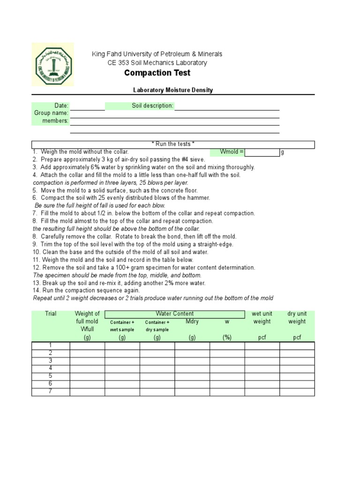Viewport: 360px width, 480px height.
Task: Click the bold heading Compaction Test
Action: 157,73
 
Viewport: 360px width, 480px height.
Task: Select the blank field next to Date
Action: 87,106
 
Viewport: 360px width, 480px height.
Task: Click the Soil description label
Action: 152,106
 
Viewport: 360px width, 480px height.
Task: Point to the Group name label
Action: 51,113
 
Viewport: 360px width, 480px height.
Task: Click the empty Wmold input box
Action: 262,152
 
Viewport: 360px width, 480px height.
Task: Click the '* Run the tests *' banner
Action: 173,144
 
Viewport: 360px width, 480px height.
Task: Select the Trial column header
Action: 51,314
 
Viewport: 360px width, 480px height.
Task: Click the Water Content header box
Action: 174,314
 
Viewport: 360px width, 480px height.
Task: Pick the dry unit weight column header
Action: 297,317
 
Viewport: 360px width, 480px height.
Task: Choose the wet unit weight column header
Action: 262,317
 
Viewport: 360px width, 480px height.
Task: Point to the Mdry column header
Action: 192,322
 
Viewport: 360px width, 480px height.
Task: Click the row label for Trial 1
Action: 51,345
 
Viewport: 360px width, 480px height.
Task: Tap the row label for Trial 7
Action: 51,391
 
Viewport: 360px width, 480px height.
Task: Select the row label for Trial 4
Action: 51,368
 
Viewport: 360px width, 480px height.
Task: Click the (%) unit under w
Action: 227,337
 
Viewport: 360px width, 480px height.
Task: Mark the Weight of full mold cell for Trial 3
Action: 87,361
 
